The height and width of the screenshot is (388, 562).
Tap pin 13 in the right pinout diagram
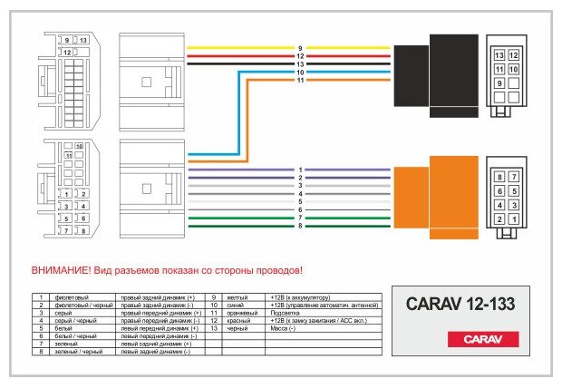click(x=499, y=56)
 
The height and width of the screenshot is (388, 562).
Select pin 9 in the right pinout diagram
click(x=499, y=83)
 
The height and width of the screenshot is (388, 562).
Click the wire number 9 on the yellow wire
click(x=299, y=48)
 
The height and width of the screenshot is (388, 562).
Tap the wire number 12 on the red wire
click(x=299, y=56)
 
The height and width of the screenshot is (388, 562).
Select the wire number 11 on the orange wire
click(x=299, y=81)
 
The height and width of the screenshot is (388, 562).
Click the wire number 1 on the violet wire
click(x=299, y=170)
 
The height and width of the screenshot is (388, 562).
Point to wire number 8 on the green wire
click(x=299, y=225)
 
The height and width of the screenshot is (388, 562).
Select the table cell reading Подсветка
click(x=286, y=313)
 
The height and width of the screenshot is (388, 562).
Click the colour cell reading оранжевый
click(x=239, y=313)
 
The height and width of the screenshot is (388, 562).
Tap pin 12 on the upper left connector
click(x=66, y=53)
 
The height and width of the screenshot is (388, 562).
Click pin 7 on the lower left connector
click(x=64, y=230)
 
